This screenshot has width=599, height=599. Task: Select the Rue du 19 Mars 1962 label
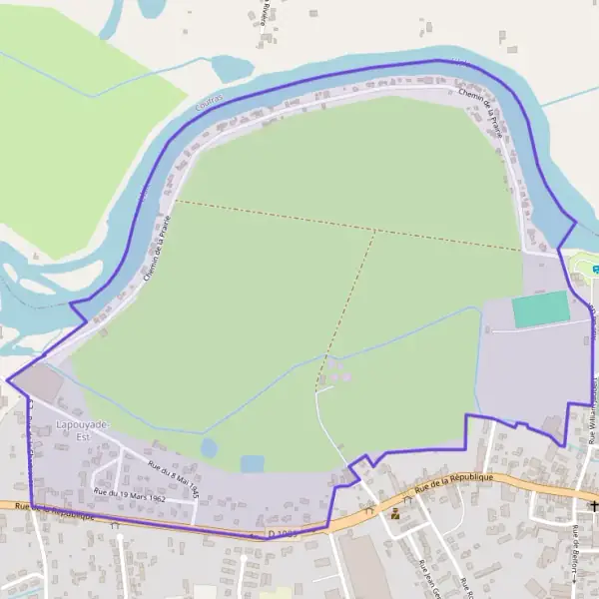(x=129, y=492)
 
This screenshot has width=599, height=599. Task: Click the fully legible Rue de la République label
(x=454, y=483)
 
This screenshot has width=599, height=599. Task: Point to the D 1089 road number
(x=283, y=534)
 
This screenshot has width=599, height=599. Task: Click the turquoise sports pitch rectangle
(x=540, y=308)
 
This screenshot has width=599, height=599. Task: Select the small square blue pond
(x=253, y=464)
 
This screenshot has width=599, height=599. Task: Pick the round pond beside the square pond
(x=209, y=447)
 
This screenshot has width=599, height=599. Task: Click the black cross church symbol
(x=594, y=507)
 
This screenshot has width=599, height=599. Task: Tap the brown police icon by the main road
(x=397, y=515)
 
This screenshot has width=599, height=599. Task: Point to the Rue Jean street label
(x=426, y=572)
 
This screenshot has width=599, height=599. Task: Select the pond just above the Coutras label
(x=232, y=69)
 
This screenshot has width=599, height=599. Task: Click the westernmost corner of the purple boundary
(x=8, y=379)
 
